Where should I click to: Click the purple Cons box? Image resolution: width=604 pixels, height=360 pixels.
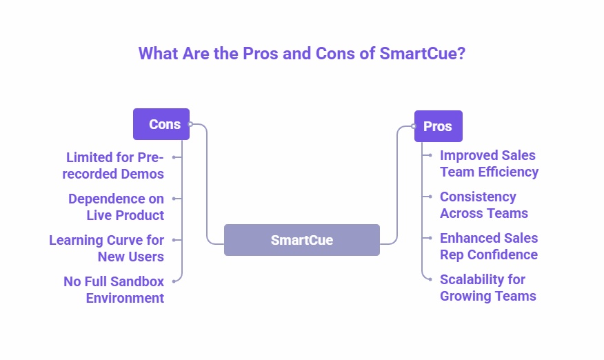coord(161,124)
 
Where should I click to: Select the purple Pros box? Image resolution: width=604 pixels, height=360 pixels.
coord(438,126)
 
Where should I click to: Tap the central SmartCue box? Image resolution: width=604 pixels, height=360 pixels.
coord(301,240)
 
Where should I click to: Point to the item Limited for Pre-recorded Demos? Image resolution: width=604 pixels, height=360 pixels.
coord(114,166)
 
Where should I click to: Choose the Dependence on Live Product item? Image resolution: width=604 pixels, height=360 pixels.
coord(116,207)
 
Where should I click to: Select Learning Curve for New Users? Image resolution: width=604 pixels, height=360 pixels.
coord(107,248)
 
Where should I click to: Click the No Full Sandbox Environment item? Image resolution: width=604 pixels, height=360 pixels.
coord(114,290)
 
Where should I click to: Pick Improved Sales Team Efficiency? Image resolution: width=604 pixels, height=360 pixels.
coord(489,163)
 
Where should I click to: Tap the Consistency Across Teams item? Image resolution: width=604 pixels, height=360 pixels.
coord(484,205)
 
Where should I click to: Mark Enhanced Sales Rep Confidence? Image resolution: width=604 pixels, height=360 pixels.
coord(489,246)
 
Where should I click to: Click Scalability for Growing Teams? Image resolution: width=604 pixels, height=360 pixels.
coord(487,288)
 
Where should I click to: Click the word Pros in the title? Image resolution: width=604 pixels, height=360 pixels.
coord(262,54)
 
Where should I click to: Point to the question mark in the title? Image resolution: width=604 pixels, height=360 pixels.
coord(461,54)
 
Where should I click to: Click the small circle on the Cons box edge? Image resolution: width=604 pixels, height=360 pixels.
coord(190,124)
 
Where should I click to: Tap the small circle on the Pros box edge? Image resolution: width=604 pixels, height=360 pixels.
coord(414,126)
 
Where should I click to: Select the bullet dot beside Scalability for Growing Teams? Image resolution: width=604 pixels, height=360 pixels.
coord(430,279)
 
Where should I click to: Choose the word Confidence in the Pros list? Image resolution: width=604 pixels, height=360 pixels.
coord(503,254)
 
